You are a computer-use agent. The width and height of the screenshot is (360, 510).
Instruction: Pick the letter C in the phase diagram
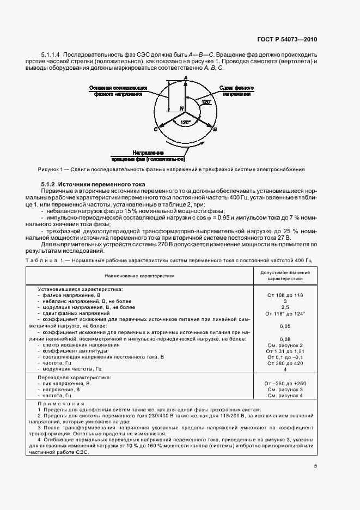click(156, 130)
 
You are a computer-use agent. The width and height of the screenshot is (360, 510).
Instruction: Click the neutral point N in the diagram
click(181, 110)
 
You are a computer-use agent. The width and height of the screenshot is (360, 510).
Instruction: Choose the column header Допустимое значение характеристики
click(285, 275)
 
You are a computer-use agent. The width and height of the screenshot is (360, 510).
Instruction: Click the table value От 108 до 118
click(285, 295)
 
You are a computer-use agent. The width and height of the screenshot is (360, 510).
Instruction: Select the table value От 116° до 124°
click(285, 313)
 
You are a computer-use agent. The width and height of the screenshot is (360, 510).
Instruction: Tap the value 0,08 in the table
click(285, 339)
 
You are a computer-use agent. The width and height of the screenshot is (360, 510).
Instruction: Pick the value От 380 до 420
click(285, 363)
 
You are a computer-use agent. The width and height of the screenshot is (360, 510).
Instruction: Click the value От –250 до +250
click(285, 383)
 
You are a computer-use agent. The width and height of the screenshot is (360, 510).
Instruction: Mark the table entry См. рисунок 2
click(285, 345)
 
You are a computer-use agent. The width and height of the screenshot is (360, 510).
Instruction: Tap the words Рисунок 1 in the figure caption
click(50, 169)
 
